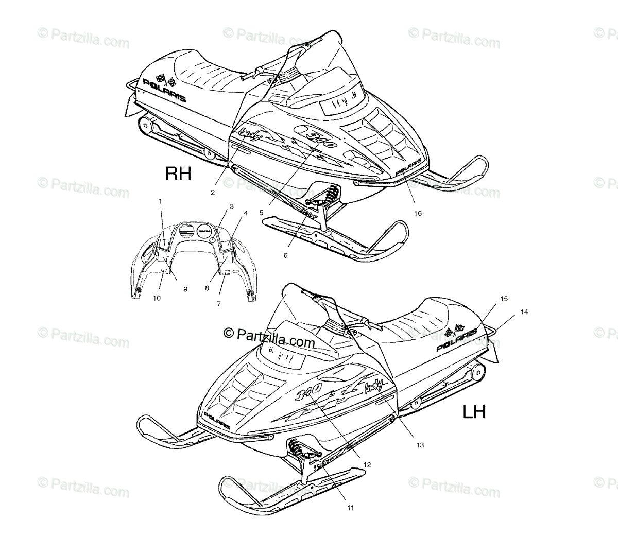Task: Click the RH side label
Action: coord(178,174)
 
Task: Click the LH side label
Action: coord(474,411)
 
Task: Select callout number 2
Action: coord(212,193)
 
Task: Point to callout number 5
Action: coord(262,212)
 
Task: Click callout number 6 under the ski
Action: coord(286,254)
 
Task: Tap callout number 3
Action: coord(231,206)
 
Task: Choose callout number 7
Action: coord(219,304)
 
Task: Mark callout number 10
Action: coord(157,298)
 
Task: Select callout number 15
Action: coord(504,299)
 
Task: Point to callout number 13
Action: coord(420,445)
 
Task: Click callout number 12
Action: coord(367,464)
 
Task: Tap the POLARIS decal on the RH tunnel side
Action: coord(164,91)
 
